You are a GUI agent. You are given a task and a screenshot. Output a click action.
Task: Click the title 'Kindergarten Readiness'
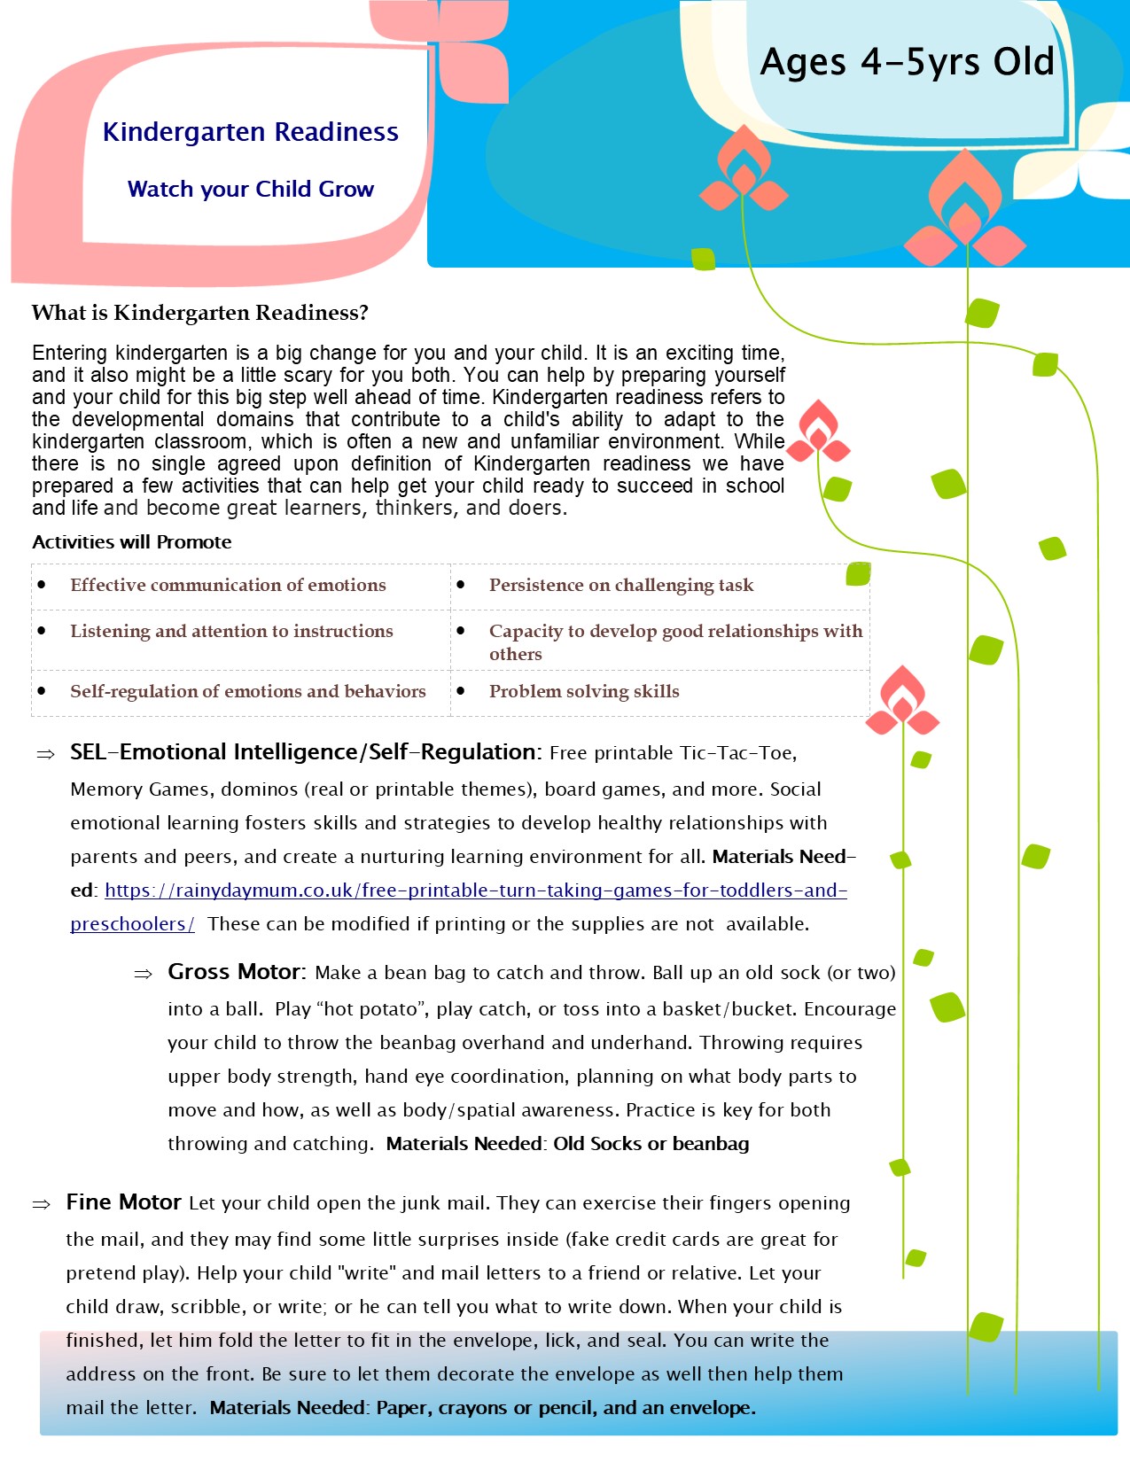tap(251, 132)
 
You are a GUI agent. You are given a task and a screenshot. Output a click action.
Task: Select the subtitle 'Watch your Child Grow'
tap(251, 189)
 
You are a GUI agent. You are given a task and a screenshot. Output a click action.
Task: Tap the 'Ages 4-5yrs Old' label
tap(907, 62)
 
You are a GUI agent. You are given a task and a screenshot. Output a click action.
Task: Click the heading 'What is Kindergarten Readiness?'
tap(199, 313)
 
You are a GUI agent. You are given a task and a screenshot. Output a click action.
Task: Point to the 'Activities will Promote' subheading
tap(132, 542)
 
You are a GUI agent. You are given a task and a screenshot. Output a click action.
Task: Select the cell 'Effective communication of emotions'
tap(228, 585)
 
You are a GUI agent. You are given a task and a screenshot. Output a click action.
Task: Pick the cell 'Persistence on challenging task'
tap(621, 585)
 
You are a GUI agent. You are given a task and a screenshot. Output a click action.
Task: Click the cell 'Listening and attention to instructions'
tap(231, 631)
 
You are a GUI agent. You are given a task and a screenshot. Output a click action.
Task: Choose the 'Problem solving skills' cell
tap(584, 691)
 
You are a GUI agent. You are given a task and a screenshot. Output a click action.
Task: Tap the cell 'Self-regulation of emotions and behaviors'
tap(248, 691)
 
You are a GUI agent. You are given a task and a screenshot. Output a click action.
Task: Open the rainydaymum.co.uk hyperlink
tap(476, 890)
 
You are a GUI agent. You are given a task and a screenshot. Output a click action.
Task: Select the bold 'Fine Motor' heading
tap(123, 1202)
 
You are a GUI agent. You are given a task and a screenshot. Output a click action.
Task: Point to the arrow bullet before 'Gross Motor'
tap(143, 974)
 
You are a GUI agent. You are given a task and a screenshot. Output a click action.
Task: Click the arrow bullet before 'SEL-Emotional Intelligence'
tap(45, 754)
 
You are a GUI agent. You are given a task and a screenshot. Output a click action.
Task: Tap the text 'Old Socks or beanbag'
tap(651, 1144)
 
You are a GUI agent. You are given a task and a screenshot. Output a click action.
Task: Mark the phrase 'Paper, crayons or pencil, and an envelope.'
tap(565, 1408)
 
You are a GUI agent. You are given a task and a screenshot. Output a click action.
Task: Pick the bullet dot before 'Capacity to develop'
tap(461, 631)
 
